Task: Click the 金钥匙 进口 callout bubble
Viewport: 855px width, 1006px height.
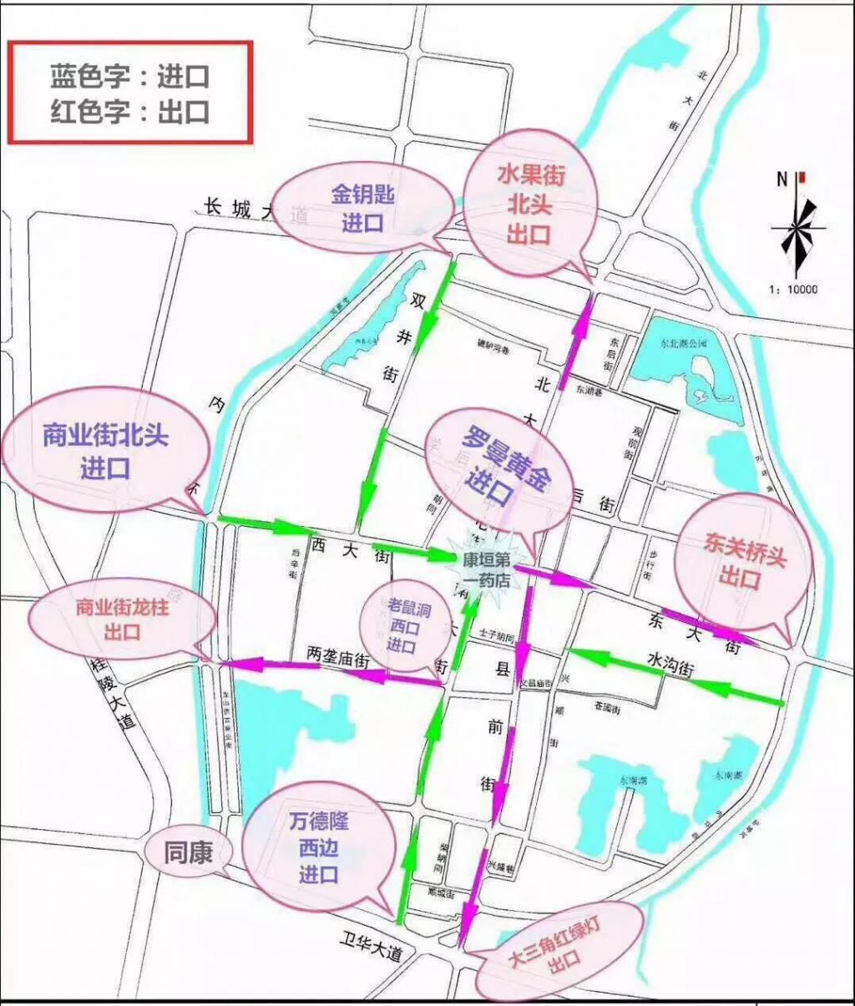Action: coord(362,208)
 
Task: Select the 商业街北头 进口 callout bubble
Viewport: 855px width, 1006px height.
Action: coord(105,452)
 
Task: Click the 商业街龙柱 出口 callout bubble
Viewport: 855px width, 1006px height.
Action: coord(122,619)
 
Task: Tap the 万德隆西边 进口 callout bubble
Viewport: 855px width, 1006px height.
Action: coord(319,847)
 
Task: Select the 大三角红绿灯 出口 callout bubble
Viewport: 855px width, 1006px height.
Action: coord(562,949)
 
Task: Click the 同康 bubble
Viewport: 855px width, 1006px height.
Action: coord(188,852)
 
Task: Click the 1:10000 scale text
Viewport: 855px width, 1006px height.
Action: coord(793,291)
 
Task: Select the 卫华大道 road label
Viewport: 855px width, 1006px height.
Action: coord(371,948)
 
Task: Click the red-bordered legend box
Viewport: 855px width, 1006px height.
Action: coord(129,93)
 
